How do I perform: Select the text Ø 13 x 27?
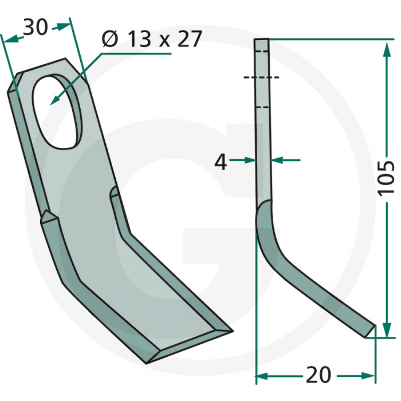pyautogui.click(x=151, y=40)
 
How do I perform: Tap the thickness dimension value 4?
pyautogui.click(x=221, y=162)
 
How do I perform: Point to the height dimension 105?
pyautogui.click(x=387, y=178)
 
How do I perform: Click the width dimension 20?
pyautogui.click(x=319, y=375)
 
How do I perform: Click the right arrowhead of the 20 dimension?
pyautogui.click(x=371, y=376)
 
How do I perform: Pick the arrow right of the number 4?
pyautogui.click(x=277, y=161)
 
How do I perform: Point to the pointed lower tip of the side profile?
pyautogui.click(x=375, y=329)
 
